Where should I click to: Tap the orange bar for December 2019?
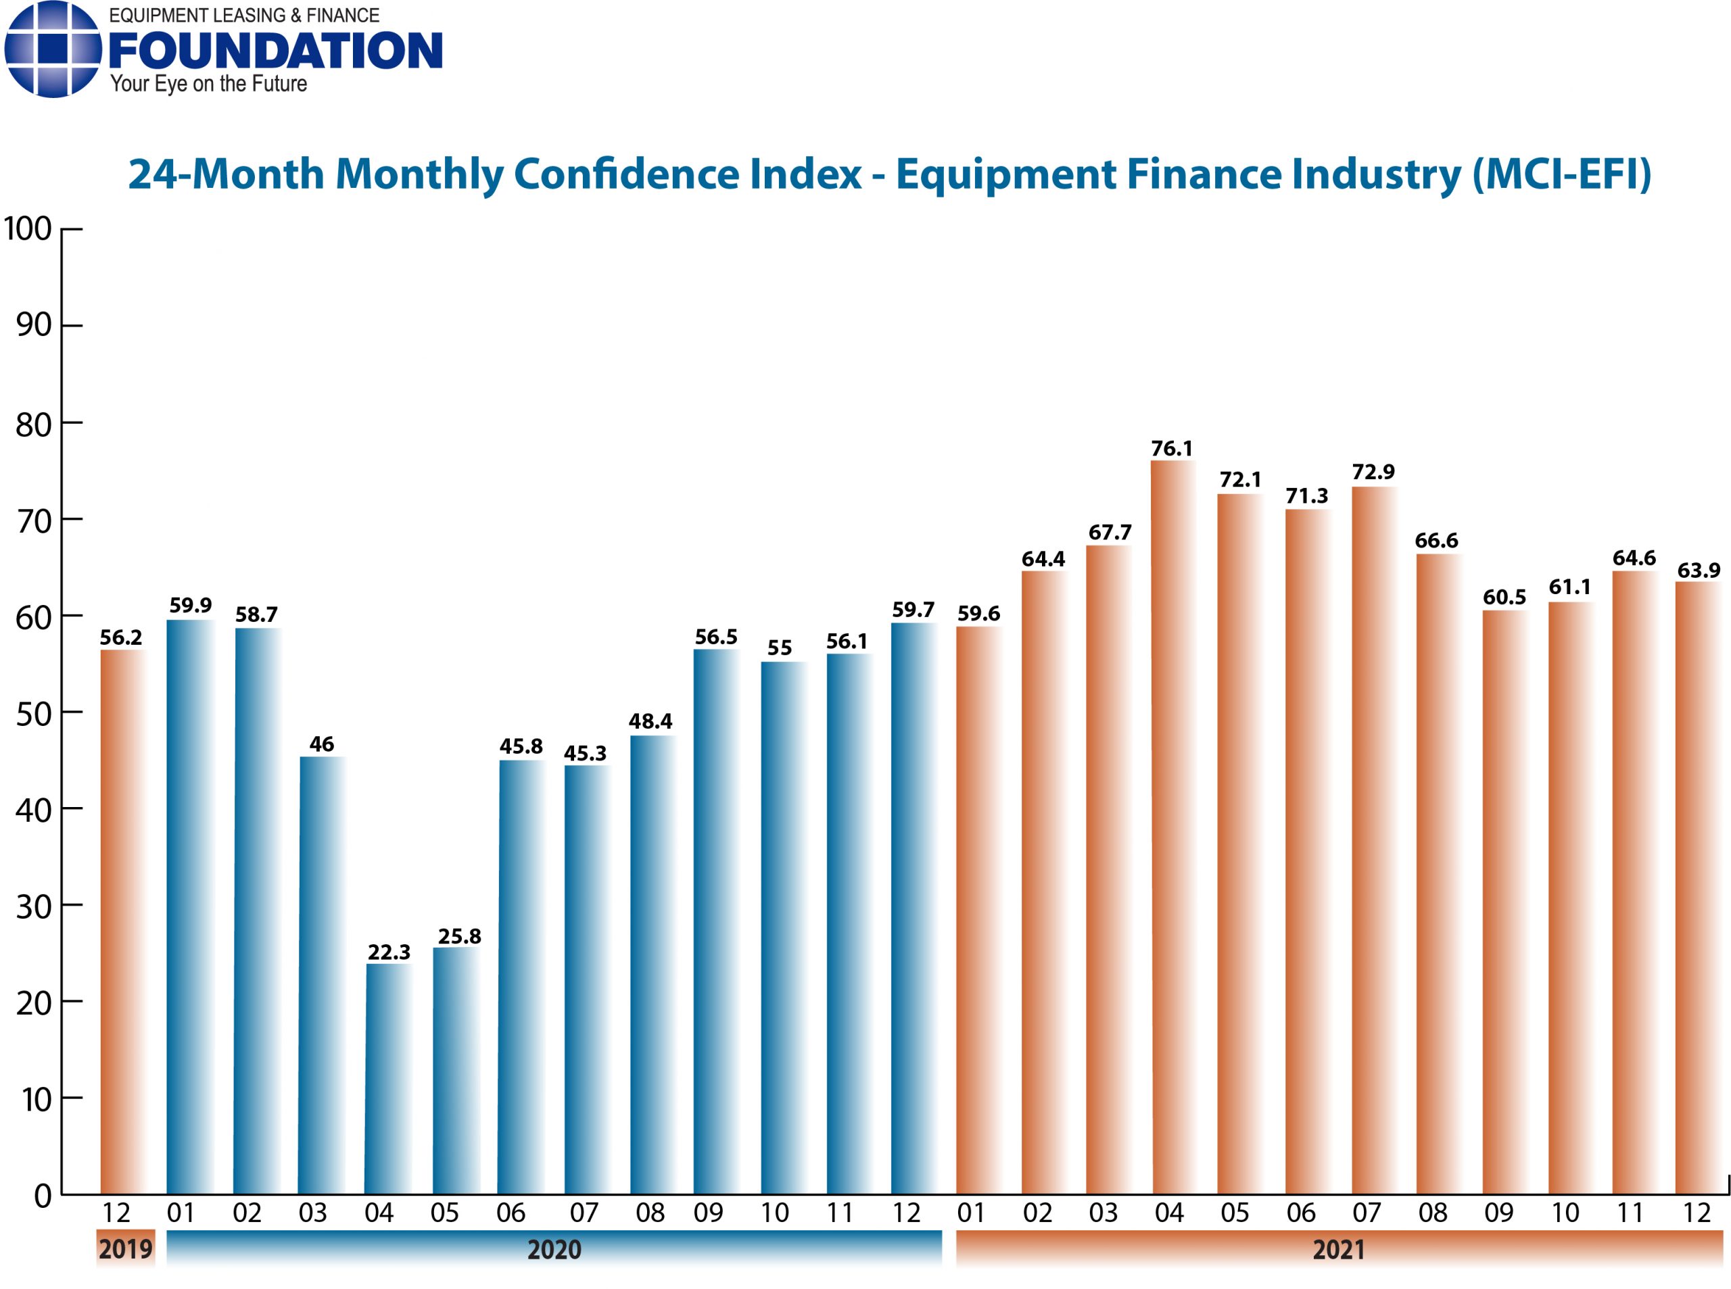122,921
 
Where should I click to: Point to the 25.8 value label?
459,936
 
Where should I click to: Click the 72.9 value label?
1373,472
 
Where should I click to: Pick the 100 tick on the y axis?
28,229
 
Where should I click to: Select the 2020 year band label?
553,1250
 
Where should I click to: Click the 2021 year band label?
1337,1250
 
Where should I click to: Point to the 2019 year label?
125,1249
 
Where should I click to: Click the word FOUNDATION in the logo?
275,51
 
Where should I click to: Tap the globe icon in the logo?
53,49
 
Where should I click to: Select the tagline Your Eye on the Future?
208,84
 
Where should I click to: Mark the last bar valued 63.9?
1697,890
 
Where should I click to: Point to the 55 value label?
779,648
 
